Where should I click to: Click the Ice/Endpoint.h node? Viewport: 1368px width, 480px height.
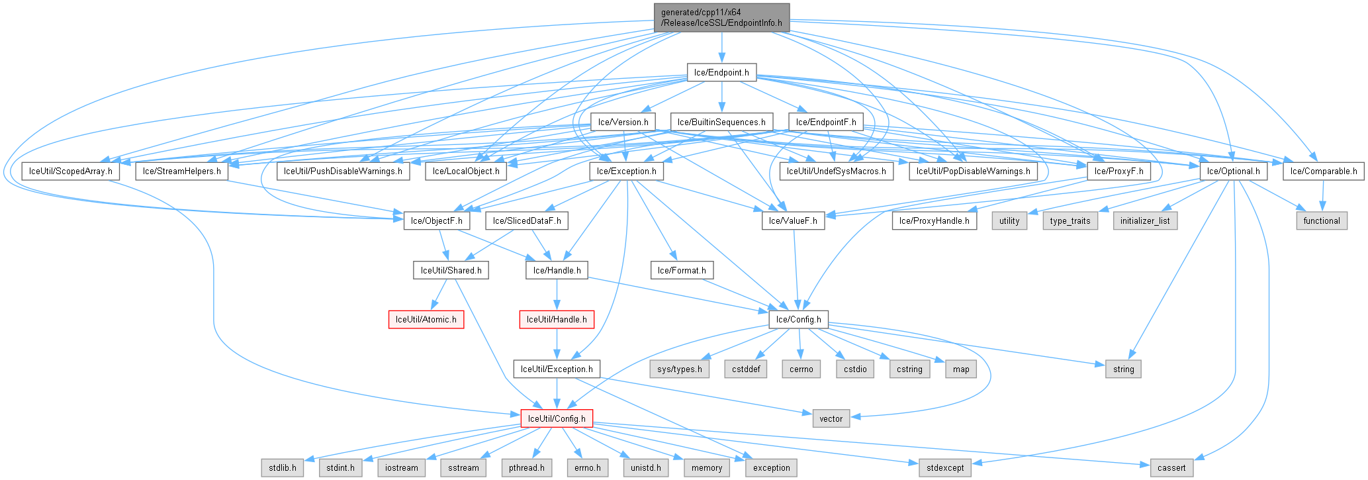(721, 73)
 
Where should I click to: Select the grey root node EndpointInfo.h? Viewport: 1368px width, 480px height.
(721, 17)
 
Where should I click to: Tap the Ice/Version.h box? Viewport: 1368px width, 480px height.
(623, 122)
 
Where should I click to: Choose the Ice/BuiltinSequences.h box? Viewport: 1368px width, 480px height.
(721, 122)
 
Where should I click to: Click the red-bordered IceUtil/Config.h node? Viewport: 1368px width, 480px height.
(557, 418)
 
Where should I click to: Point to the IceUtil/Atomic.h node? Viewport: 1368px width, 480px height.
(426, 319)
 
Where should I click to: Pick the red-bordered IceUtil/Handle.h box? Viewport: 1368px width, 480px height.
(557, 319)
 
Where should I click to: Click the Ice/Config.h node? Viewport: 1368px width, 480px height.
(798, 319)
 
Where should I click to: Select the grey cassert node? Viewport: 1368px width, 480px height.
(1171, 467)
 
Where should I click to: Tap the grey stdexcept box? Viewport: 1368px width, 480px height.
(945, 467)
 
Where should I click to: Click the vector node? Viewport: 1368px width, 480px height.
(831, 418)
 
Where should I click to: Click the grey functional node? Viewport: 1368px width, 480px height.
(1322, 220)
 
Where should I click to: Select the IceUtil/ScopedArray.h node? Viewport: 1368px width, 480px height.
(71, 171)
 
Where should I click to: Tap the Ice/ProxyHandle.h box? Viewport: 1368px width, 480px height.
(934, 220)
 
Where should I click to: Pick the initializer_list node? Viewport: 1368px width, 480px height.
(1145, 220)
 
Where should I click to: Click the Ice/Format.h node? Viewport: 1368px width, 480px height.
(682, 270)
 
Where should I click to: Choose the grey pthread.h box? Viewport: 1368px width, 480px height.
(527, 467)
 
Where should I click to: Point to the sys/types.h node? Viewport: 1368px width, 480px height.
(680, 369)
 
